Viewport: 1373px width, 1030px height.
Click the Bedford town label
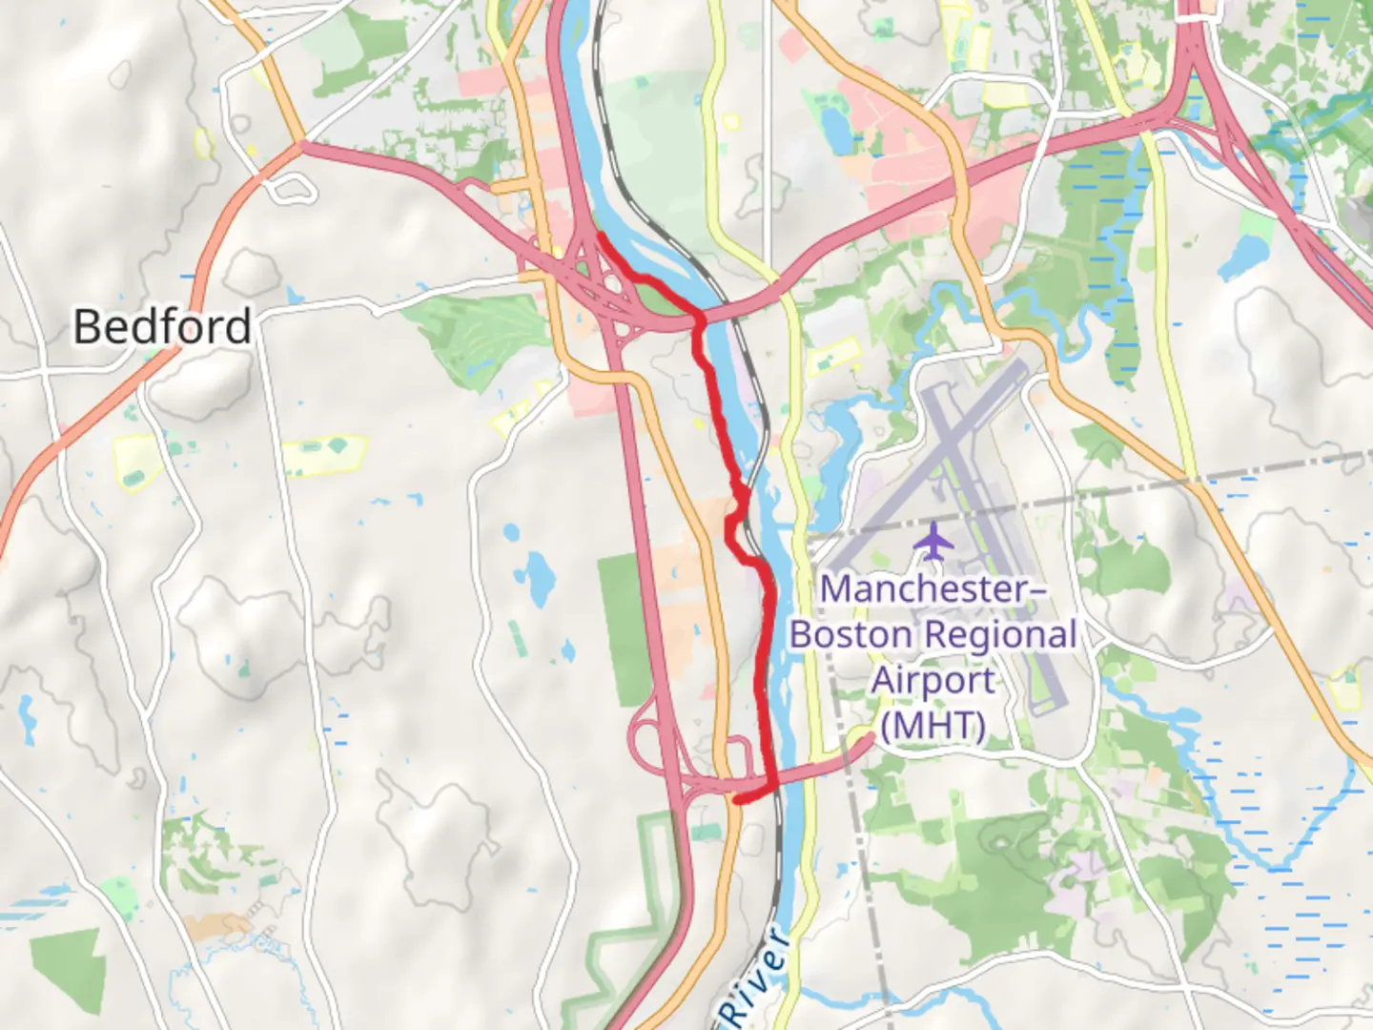tap(162, 326)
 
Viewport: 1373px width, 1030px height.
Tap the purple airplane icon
tap(933, 542)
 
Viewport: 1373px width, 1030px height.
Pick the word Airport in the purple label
tap(933, 680)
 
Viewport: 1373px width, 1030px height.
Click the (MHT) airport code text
tap(932, 726)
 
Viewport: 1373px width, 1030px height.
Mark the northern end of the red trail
tap(599, 235)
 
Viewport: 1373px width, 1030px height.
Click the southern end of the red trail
tap(737, 800)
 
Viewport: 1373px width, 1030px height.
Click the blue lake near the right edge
tap(1243, 253)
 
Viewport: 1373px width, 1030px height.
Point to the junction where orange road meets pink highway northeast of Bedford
tap(300, 145)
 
